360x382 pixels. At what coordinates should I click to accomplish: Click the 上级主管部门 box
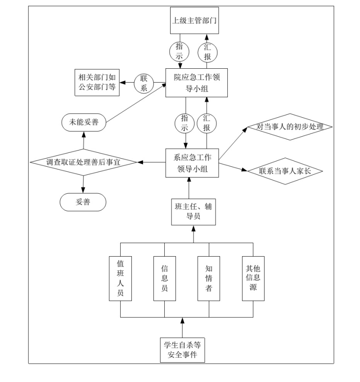[x=194, y=20]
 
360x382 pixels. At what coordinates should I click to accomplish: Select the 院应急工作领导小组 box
[x=194, y=83]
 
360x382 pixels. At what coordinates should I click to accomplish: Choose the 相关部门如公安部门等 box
[x=97, y=83]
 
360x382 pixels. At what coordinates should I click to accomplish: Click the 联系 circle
[x=144, y=83]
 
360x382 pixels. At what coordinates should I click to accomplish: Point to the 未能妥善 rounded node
[x=84, y=122]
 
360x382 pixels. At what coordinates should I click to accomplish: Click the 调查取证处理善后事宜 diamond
[x=84, y=162]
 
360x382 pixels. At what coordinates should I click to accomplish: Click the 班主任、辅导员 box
[x=193, y=212]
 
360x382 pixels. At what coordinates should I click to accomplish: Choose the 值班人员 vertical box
[x=121, y=279]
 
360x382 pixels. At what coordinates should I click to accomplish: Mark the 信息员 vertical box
[x=165, y=279]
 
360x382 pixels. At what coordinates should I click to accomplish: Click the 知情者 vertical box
[x=209, y=279]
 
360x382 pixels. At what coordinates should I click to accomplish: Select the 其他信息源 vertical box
[x=253, y=279]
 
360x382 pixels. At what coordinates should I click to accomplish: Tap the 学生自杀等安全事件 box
[x=183, y=349]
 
